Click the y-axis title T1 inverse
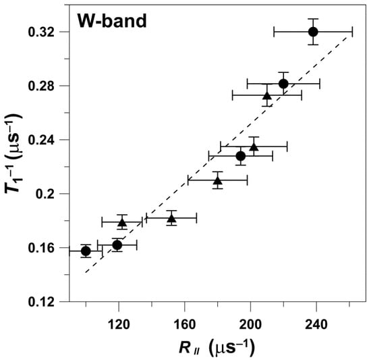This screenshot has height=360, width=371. pos(15,166)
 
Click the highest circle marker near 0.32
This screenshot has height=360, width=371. pos(313,32)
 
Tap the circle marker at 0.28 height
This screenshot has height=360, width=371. pos(283,84)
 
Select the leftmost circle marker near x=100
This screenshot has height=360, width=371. pos(86,251)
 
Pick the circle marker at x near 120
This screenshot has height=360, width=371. pos(117,245)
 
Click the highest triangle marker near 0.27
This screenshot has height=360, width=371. pos(266,95)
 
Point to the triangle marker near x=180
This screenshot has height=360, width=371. pos(217,180)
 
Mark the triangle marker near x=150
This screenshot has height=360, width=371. pos(171,217)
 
